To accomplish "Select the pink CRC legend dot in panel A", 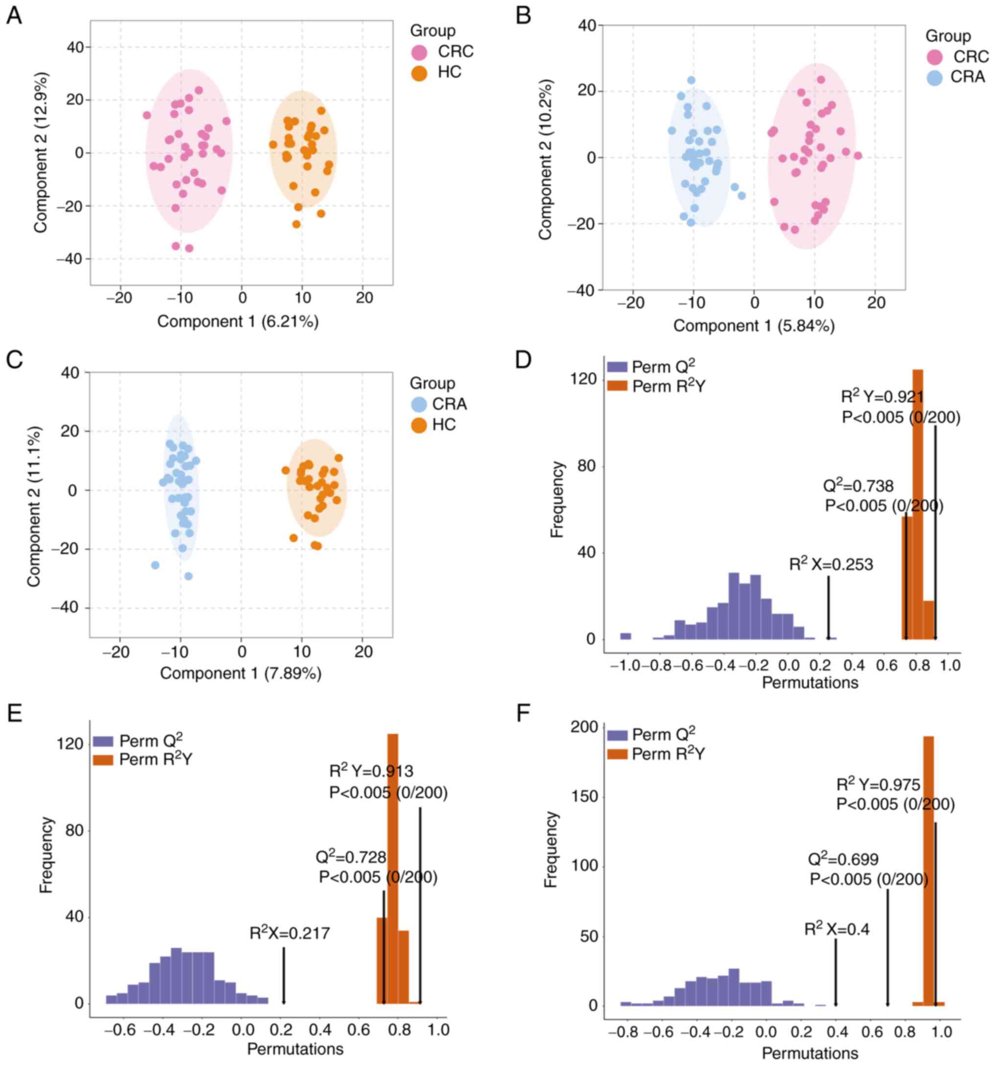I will pyautogui.click(x=419, y=52).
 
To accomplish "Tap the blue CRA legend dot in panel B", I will pyautogui.click(x=934, y=78).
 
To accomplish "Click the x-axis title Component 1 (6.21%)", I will pyautogui.click(x=237, y=322).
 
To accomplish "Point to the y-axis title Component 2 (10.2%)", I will pyautogui.click(x=545, y=159).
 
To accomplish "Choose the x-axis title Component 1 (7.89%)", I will pyautogui.click(x=241, y=673).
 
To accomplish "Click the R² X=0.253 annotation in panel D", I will pyautogui.click(x=831, y=565).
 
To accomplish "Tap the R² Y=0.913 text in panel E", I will pyautogui.click(x=371, y=771).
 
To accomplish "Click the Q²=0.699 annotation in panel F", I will pyautogui.click(x=843, y=860).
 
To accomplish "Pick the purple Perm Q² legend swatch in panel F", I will pyautogui.click(x=617, y=735).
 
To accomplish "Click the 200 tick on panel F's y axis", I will pyautogui.click(x=586, y=727).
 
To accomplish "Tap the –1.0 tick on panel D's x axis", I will pyautogui.click(x=625, y=666).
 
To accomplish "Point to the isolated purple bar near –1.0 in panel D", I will pyautogui.click(x=626, y=636).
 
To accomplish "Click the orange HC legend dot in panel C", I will pyautogui.click(x=419, y=425).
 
